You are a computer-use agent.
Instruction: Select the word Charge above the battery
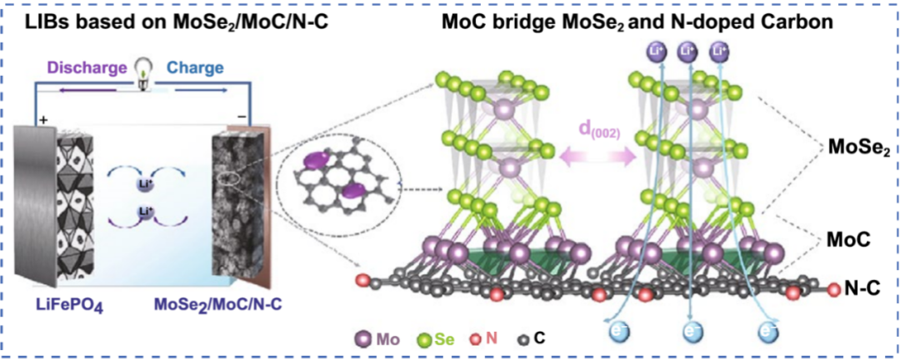click(x=191, y=67)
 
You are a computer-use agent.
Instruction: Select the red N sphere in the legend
click(x=476, y=340)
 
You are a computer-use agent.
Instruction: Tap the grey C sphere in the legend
click(x=522, y=340)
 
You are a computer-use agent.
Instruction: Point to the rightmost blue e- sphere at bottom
click(x=768, y=332)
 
